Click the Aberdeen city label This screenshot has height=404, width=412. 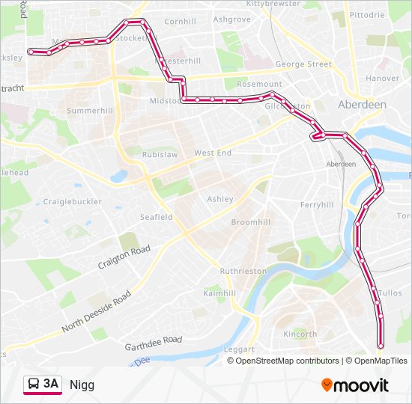point(362,105)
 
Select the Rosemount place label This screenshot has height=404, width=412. point(259,84)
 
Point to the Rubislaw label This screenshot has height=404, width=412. point(160,155)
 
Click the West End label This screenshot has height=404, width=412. point(213,153)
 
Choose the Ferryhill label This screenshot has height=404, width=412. point(316,204)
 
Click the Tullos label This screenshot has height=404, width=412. point(390,293)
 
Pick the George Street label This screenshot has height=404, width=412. point(303,64)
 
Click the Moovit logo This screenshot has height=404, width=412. point(355,385)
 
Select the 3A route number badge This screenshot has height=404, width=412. point(51,384)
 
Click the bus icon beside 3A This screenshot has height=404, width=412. point(34,385)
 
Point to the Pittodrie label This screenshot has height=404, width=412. point(366,14)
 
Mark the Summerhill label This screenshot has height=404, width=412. point(89,111)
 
